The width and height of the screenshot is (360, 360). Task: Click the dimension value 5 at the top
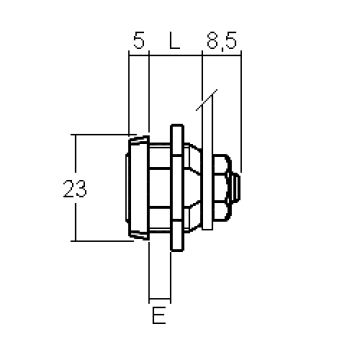point(139,40)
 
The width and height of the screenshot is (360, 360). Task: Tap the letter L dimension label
point(174,40)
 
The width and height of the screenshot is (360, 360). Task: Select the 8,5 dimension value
point(221,41)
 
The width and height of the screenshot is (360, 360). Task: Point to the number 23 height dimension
point(75,189)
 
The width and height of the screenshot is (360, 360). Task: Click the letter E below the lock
point(159,315)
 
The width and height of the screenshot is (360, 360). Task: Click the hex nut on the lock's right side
point(222,188)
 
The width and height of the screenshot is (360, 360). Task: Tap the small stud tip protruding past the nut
point(236,188)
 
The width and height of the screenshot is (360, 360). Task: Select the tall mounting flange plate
point(177,188)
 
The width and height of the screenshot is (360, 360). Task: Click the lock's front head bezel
point(139,188)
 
